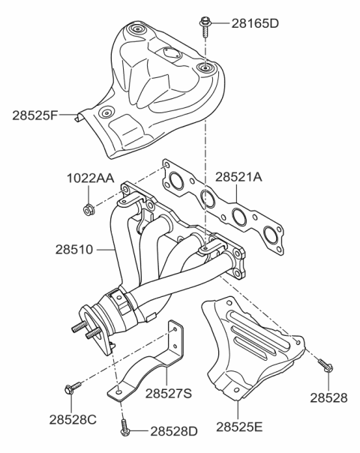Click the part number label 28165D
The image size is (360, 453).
246,23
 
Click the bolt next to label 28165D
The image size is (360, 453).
204,24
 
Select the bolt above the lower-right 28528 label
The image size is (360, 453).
325,365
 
